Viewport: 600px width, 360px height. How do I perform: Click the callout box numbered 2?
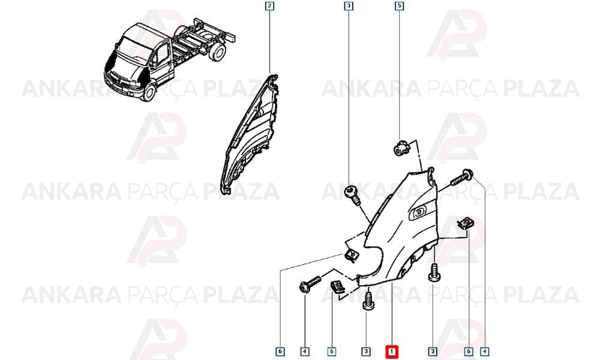tap(269, 6)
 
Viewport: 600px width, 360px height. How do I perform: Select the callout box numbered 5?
tap(399, 6)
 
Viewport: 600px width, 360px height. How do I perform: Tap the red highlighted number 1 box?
tap(392, 352)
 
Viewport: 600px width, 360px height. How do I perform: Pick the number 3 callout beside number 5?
tap(349, 6)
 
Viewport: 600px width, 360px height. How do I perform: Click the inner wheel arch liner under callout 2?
tap(251, 134)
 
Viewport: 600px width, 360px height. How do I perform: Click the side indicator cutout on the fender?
tap(419, 212)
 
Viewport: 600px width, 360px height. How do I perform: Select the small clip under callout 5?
tap(400, 148)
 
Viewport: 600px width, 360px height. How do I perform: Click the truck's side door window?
tap(162, 55)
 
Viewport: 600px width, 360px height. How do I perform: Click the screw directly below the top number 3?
tap(352, 195)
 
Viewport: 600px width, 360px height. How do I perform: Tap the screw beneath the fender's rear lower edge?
tap(434, 272)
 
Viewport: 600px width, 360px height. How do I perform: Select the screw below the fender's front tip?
tap(368, 301)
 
